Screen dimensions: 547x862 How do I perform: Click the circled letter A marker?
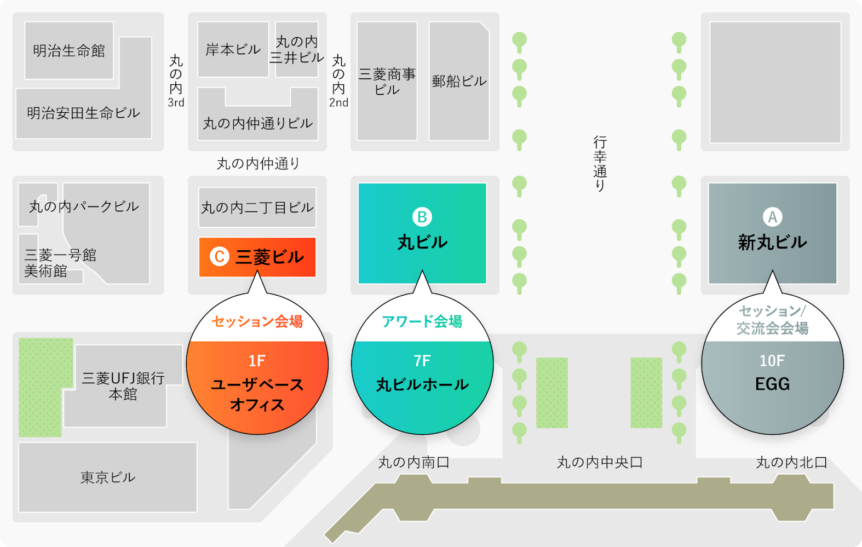(772, 217)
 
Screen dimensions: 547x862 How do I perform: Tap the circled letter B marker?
(422, 217)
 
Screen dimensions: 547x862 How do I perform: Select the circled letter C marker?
(220, 256)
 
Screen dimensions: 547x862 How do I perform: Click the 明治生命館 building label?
(69, 51)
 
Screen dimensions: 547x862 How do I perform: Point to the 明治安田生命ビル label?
(83, 113)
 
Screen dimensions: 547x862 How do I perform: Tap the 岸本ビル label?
(233, 50)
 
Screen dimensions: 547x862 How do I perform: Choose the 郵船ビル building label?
(459, 82)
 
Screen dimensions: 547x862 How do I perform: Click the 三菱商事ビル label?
(387, 82)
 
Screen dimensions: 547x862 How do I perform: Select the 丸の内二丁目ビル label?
(257, 208)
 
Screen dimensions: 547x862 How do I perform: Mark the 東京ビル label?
(108, 477)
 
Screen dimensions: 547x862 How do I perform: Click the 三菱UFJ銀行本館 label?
(123, 386)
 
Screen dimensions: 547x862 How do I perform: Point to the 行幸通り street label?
(600, 164)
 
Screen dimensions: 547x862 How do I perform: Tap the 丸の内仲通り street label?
(258, 163)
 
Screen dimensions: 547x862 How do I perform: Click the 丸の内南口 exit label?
(414, 463)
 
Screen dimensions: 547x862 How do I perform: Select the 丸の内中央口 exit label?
(600, 463)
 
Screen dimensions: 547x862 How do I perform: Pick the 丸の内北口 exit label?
(791, 463)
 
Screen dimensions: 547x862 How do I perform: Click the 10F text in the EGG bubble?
(772, 361)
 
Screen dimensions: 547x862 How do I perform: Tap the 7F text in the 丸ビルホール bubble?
(422, 361)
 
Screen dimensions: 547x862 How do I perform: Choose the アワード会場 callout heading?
(422, 321)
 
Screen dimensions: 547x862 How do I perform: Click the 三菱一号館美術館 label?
(60, 263)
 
